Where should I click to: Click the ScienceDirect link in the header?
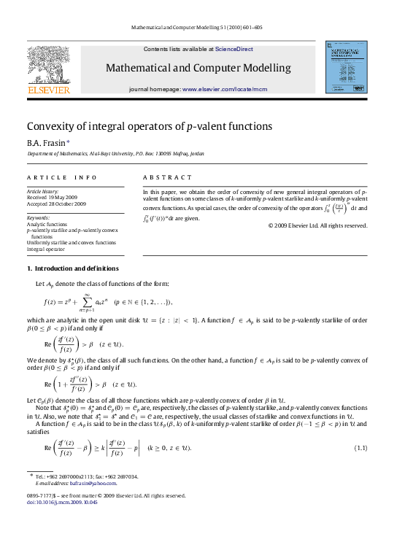(x=234, y=49)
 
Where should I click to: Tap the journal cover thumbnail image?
(x=346, y=67)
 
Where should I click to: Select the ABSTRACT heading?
(x=167, y=177)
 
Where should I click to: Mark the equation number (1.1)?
(x=360, y=446)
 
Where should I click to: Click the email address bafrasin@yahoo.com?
(x=93, y=483)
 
